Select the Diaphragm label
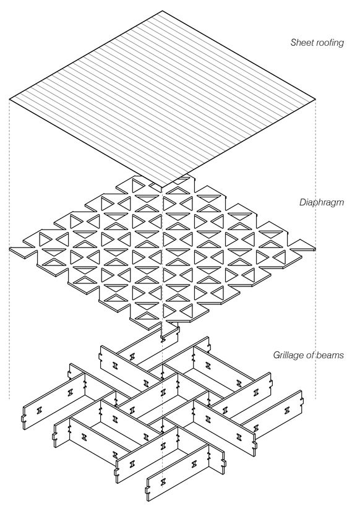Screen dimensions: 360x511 322,203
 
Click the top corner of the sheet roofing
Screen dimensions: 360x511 163,11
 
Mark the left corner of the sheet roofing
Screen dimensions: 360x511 10,98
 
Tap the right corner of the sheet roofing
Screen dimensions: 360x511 315,99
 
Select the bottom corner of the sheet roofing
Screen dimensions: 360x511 162,187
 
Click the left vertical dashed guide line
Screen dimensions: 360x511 9,249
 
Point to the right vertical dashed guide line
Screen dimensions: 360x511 315,249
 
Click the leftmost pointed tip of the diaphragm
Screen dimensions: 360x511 10,249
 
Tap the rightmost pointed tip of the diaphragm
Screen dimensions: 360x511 315,249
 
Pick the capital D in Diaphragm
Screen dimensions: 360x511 302,202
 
